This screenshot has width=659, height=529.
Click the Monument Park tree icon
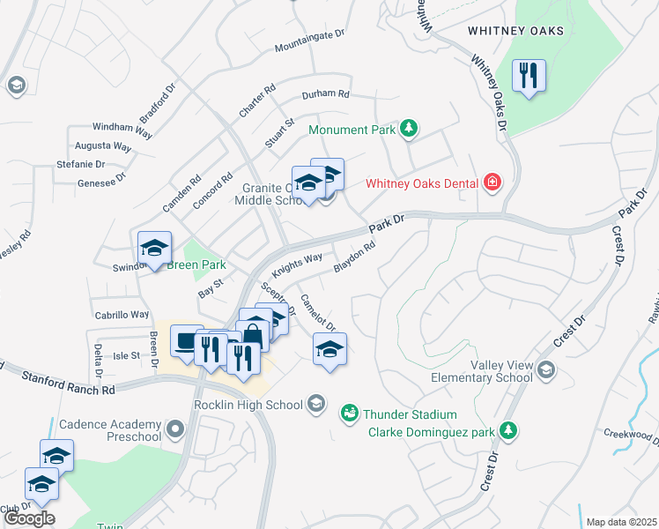click(x=408, y=130)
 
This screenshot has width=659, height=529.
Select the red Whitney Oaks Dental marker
click(x=492, y=183)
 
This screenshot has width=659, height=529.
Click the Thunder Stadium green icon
click(x=350, y=414)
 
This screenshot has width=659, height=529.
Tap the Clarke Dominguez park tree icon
click(x=507, y=430)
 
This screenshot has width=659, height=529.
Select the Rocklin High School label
click(x=248, y=405)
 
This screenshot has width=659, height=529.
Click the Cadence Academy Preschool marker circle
click(x=175, y=430)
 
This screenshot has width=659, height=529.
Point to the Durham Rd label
click(x=325, y=94)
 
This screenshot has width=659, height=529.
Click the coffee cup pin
click(x=187, y=342)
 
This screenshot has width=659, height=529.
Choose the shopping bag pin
click(x=253, y=336)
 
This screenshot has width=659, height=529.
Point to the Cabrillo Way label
click(x=122, y=314)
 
